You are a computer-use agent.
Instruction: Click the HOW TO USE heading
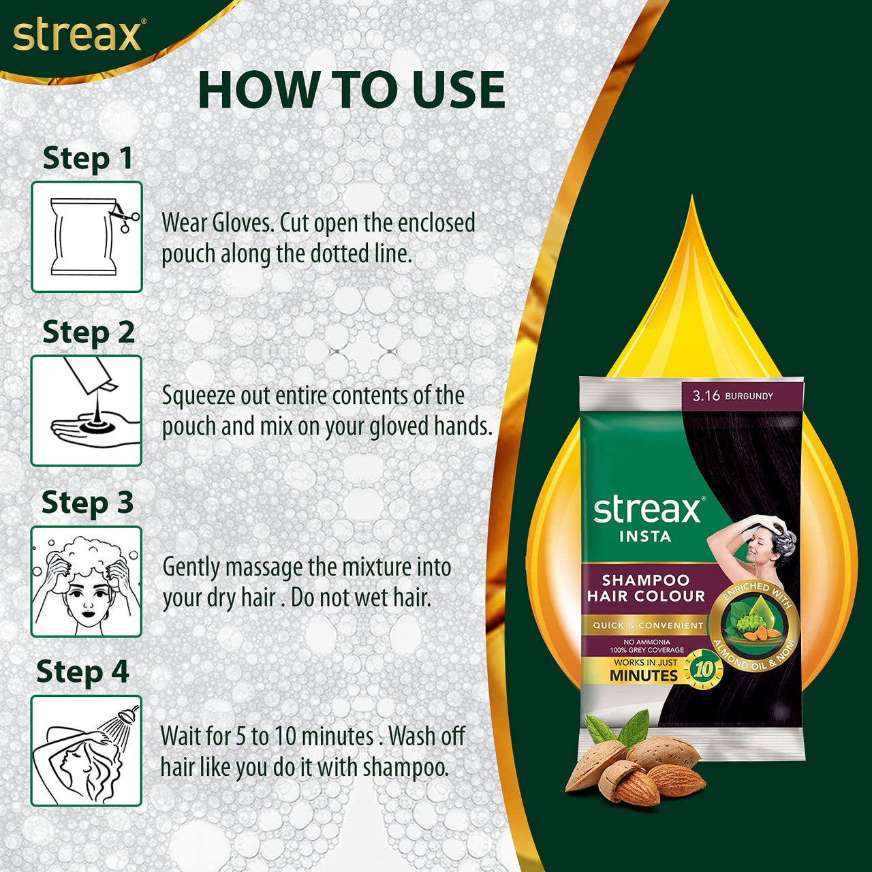(351, 91)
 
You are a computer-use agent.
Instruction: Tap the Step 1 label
(87, 159)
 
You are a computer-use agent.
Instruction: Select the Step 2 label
(88, 332)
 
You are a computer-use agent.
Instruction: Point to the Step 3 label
(87, 503)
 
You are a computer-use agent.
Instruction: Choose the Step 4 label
(82, 672)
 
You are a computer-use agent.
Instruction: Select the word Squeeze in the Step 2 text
(196, 396)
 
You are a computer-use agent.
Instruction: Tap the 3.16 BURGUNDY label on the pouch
(732, 396)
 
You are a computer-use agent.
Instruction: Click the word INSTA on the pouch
(644, 537)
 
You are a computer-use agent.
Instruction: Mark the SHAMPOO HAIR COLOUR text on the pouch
(645, 588)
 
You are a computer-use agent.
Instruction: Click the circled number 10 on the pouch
(702, 670)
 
